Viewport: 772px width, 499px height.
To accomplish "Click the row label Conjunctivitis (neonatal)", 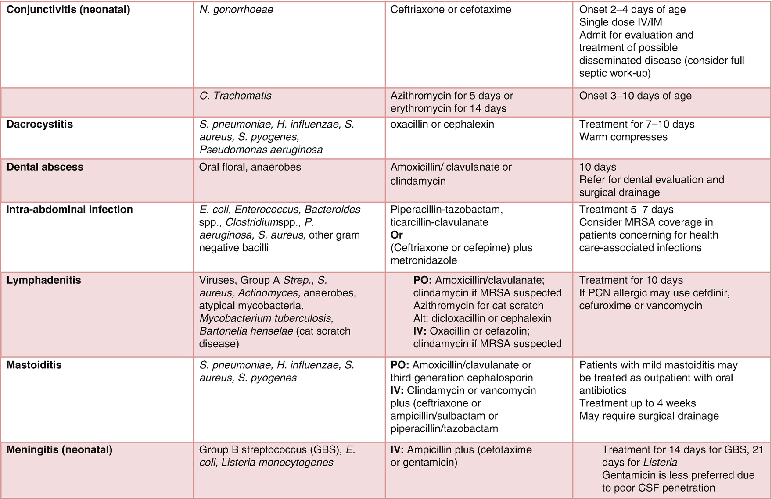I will click(68, 10).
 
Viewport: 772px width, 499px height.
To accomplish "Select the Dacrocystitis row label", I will click(39, 124).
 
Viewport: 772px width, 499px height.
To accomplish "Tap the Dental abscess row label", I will click(45, 167).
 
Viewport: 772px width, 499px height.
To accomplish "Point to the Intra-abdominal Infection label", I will click(69, 210).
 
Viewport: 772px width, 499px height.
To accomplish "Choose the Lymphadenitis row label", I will click(43, 280).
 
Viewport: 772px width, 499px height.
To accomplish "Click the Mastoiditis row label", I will click(34, 365).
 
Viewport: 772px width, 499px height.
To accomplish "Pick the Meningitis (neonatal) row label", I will click(59, 450).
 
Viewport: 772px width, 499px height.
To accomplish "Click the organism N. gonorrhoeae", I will click(236, 10).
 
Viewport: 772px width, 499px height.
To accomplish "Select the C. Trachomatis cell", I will click(235, 96).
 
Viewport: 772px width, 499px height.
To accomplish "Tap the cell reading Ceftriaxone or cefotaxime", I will click(451, 10).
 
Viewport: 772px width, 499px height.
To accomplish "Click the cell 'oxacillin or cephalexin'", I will click(442, 125).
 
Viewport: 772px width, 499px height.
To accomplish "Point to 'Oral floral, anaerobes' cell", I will click(250, 167).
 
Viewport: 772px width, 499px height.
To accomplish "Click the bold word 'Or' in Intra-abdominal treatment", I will click(396, 235).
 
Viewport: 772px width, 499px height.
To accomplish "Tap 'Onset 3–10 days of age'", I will click(635, 96).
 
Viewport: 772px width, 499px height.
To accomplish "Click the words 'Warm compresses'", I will click(623, 137).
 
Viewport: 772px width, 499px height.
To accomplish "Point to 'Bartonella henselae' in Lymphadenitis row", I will click(246, 331).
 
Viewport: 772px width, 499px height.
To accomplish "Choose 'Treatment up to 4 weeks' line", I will click(637, 403).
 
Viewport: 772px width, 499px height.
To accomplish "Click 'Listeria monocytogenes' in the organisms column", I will click(277, 463).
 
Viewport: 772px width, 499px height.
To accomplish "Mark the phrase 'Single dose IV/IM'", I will click(621, 22).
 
